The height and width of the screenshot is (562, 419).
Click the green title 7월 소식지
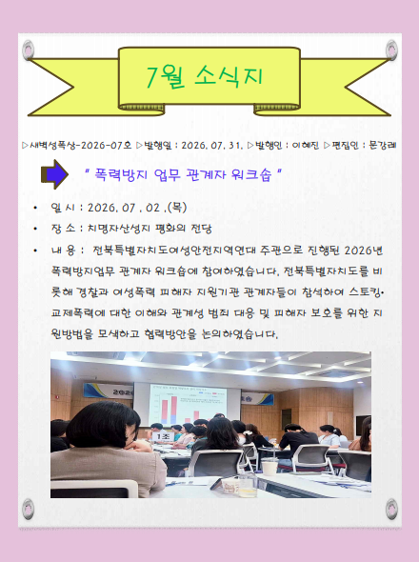(x=205, y=76)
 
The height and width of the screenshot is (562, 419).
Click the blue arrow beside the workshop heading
(x=54, y=174)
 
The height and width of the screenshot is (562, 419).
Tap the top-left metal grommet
(x=28, y=50)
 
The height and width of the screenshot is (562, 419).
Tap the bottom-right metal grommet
(x=391, y=509)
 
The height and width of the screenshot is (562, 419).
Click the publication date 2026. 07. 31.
(x=212, y=146)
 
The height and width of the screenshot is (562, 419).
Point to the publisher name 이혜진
(x=306, y=145)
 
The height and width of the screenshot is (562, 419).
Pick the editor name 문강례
(x=383, y=145)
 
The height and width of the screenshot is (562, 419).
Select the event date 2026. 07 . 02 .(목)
(x=137, y=208)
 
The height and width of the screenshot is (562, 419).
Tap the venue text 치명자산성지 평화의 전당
(x=150, y=229)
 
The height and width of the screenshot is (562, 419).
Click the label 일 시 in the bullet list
(x=63, y=208)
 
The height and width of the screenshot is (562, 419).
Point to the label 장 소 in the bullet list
(x=63, y=229)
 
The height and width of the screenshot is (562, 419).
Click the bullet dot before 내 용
(x=35, y=250)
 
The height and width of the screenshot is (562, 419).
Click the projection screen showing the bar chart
(x=188, y=404)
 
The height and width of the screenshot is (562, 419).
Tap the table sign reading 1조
(x=162, y=436)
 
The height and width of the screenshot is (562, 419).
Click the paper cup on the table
(x=269, y=468)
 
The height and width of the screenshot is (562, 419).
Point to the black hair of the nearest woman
(x=103, y=425)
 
